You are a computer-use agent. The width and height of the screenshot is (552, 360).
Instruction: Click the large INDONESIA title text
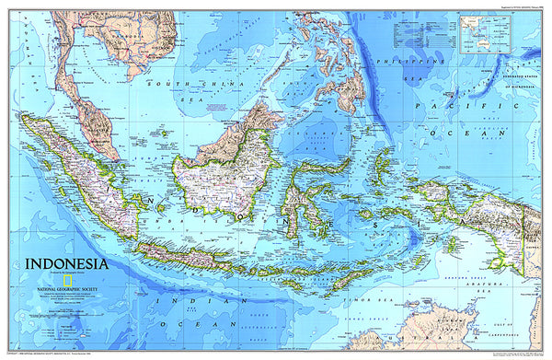(x=65, y=261)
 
